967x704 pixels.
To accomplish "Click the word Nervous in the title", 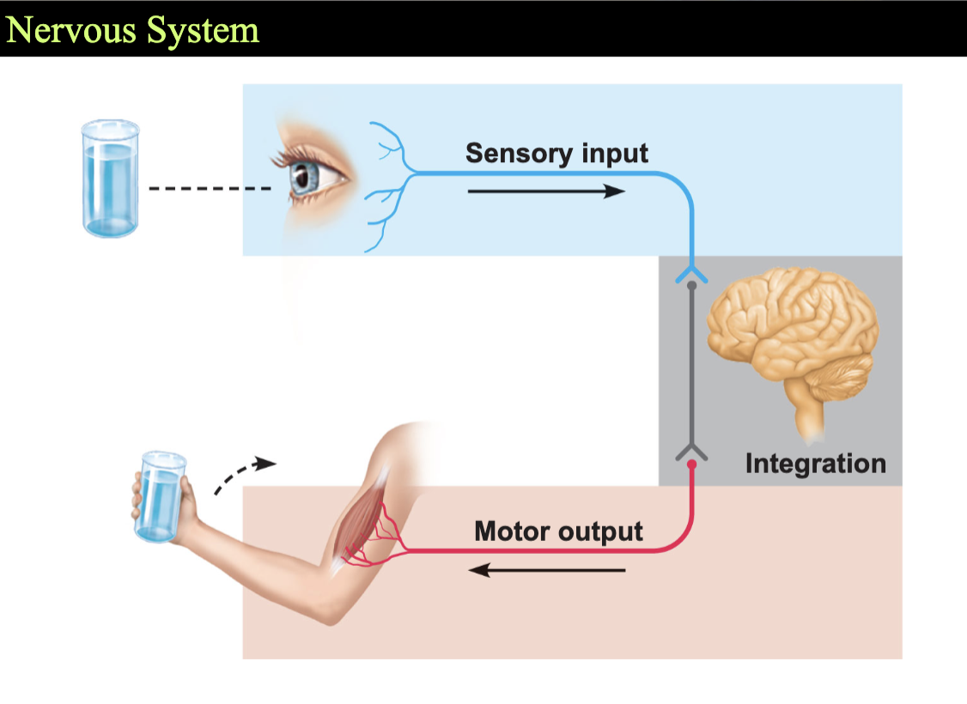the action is (x=71, y=29).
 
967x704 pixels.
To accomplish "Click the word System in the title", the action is (x=204, y=31).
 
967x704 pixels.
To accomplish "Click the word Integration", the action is (x=815, y=464).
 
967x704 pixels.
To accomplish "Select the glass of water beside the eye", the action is (x=111, y=179).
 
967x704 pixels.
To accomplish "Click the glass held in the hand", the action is (x=161, y=496).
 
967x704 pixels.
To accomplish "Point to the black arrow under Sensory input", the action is (x=546, y=191).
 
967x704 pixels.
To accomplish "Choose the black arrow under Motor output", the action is (x=546, y=570).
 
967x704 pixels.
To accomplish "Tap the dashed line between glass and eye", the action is (x=210, y=188).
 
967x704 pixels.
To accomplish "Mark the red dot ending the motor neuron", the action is (x=691, y=464).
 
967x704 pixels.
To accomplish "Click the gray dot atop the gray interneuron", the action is (x=691, y=285).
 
